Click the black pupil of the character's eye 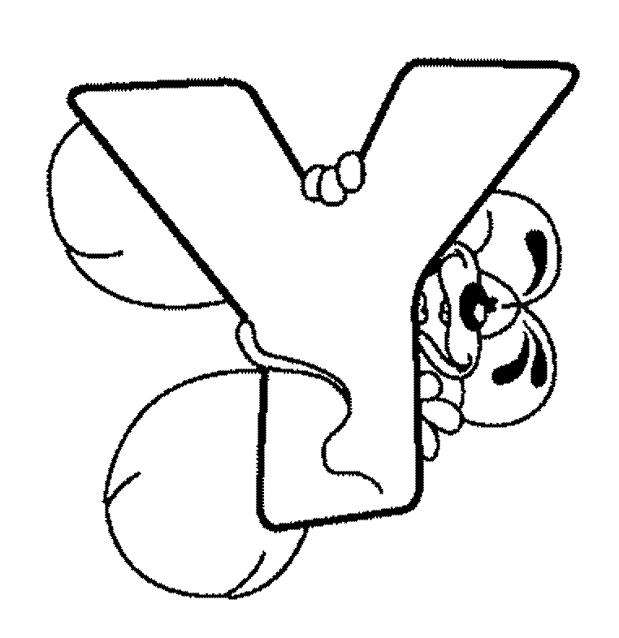[x=474, y=304]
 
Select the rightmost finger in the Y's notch [x=351, y=171]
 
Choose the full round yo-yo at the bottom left [x=206, y=484]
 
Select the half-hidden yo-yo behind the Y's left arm [x=134, y=212]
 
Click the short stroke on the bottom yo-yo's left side [x=122, y=486]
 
